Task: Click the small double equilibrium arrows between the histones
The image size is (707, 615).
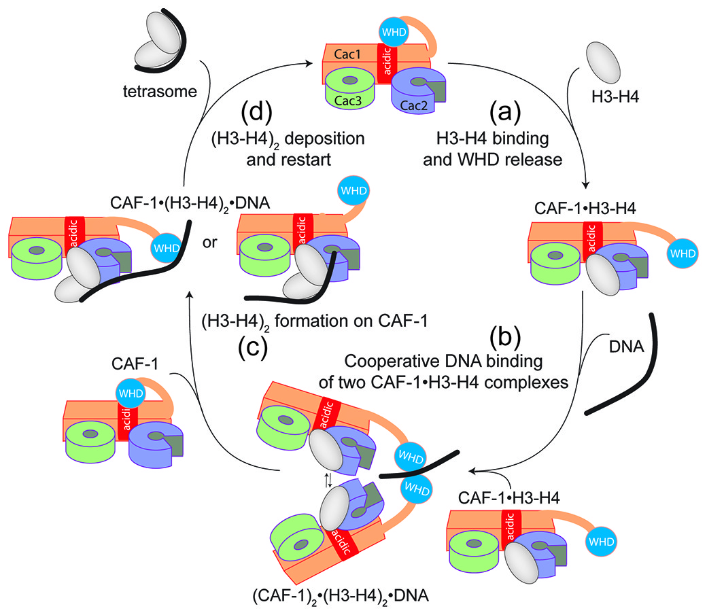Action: click(328, 481)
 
